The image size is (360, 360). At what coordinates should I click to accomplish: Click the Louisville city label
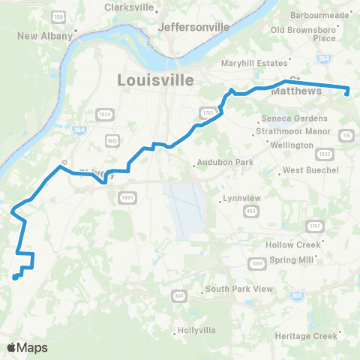pos(156,79)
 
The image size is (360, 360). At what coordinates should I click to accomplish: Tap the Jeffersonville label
pos(193,27)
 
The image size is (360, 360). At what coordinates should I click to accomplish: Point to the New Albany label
pos(45,35)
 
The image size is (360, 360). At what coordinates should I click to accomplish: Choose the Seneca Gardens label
pos(294,118)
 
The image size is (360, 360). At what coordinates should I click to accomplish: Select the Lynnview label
pos(243,199)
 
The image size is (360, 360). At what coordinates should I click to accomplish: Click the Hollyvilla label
pos(197,331)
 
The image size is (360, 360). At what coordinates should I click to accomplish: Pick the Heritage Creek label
pos(306,335)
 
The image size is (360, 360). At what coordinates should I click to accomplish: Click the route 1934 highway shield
pos(104,113)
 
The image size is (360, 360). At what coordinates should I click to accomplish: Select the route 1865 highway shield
pos(124,197)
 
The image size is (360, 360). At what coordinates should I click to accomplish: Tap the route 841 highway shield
pos(179,296)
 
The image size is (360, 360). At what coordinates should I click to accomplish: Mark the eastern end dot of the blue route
pos(347,93)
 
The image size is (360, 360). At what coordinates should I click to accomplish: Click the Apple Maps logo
pos(27,347)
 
